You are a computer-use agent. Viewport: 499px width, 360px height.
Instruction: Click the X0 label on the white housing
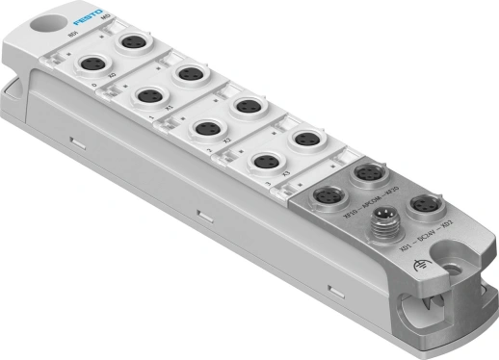click(x=113, y=74)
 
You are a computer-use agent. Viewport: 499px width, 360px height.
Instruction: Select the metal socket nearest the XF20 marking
click(x=366, y=173)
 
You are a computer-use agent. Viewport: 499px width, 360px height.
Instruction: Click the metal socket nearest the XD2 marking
click(x=420, y=205)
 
